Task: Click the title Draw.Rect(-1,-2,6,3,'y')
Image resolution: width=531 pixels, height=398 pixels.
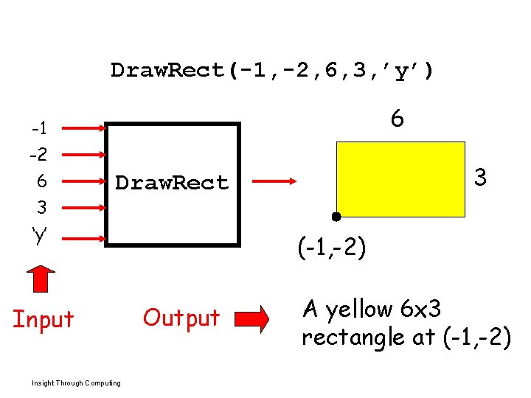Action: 273,71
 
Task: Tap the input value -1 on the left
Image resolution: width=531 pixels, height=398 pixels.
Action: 39,129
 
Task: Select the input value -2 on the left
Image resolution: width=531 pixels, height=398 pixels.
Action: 39,156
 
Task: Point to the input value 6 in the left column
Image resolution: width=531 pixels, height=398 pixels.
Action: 41,181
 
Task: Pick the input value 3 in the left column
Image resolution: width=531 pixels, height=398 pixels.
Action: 41,207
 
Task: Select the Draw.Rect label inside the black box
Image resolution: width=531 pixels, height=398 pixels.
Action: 171,183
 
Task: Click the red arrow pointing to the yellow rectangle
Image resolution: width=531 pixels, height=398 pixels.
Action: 274,180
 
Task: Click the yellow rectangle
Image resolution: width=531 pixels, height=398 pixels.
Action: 400,179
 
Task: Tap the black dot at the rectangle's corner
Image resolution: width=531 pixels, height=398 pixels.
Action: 336,217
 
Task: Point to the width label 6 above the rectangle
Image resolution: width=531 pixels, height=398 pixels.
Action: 398,119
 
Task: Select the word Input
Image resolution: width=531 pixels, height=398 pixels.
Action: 44,319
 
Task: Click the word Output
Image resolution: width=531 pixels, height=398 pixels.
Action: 181,318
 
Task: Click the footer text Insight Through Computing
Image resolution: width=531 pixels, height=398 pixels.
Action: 77,383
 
